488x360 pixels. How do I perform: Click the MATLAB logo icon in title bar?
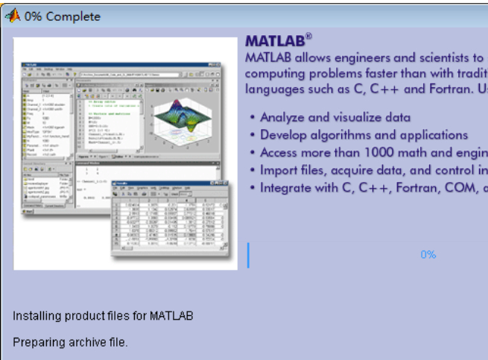click(13, 16)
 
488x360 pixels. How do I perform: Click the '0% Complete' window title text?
click(63, 16)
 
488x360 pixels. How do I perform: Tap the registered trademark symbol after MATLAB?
click(308, 36)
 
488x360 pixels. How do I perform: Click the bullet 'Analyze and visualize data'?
click(335, 117)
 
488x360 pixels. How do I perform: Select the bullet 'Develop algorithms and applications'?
click(364, 135)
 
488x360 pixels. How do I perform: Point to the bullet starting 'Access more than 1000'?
click(373, 152)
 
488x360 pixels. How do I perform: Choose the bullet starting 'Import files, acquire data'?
click(373, 170)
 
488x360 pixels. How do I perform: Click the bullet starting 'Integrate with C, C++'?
click(373, 188)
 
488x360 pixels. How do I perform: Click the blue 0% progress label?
click(428, 254)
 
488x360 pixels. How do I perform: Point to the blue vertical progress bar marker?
click(248, 254)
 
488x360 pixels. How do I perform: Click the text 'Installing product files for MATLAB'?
click(103, 316)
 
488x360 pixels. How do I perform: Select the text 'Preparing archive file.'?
click(70, 342)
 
